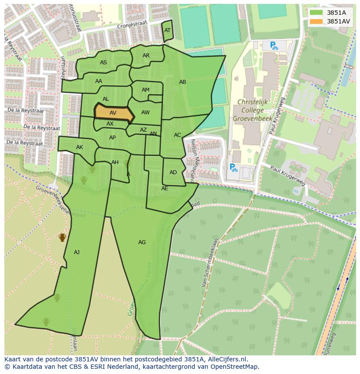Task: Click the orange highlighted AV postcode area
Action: coord(113,113)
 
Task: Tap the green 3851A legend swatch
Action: coord(316,13)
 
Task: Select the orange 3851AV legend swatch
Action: coord(316,21)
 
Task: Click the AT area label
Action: coord(167,30)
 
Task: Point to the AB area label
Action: coord(183,82)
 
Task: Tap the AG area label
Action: coord(142,242)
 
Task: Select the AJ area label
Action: coord(77,252)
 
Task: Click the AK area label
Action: coord(80,147)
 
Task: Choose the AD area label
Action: coord(173,172)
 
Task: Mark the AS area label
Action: coord(103,63)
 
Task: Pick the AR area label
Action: coord(146,56)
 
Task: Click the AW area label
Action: coord(145,113)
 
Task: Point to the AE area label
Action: coord(164,189)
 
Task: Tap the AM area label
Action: coord(146,90)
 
